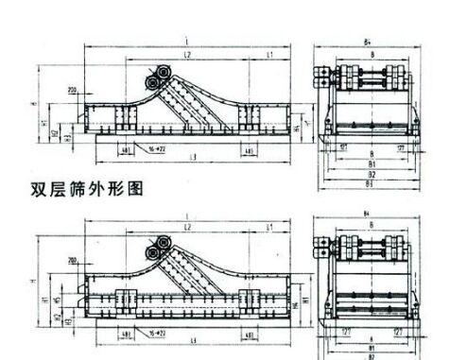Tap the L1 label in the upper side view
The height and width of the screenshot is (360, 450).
click(268, 58)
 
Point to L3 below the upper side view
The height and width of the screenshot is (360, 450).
click(193, 157)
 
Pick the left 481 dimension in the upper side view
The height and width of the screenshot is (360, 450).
click(126, 150)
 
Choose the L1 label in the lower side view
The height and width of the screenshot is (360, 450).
click(269, 229)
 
